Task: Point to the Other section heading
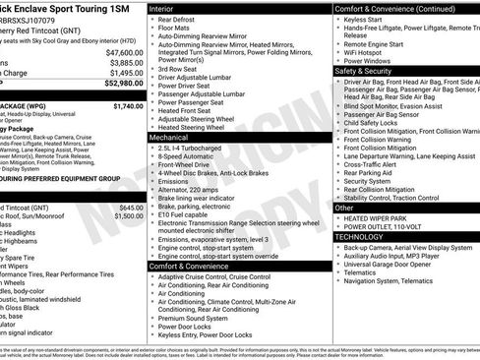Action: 345,208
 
